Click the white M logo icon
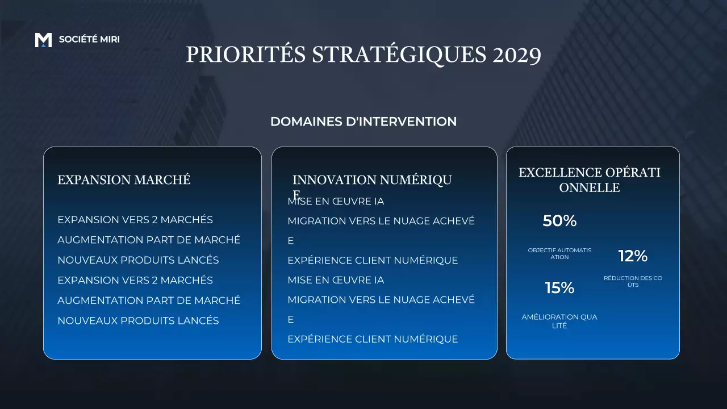(x=43, y=40)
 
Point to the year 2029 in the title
(x=517, y=55)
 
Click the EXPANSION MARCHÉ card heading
(x=124, y=180)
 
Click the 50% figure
(x=559, y=221)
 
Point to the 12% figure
(x=633, y=256)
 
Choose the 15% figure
(x=559, y=288)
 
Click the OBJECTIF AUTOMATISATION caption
(x=559, y=253)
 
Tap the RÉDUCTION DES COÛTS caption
(x=633, y=281)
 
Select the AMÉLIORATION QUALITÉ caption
(x=559, y=321)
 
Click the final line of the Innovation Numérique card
(x=373, y=339)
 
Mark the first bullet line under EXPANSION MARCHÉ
(x=135, y=220)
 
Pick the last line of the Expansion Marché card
(x=138, y=320)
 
